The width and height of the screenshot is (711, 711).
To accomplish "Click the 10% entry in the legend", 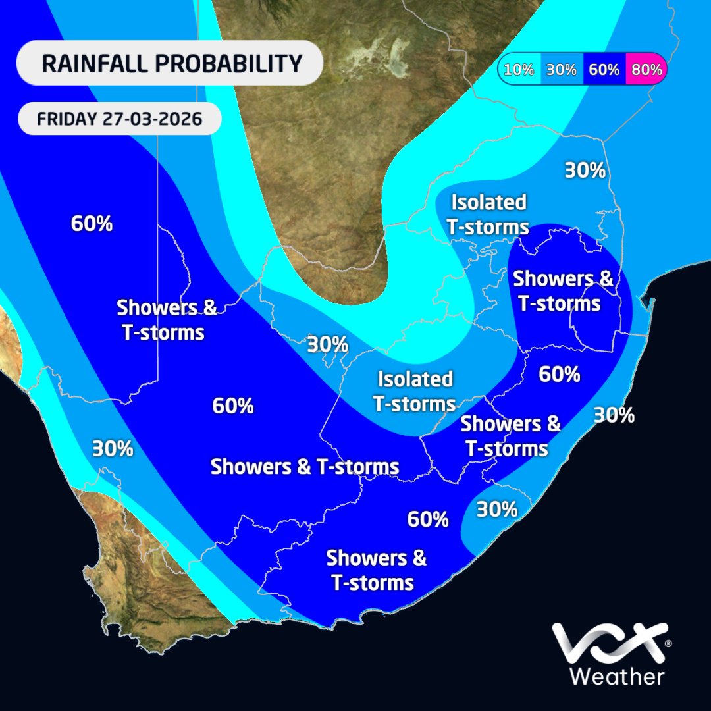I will [519, 69].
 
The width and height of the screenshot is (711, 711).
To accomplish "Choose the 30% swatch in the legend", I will [561, 69].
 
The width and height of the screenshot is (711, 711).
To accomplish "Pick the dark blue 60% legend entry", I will [604, 69].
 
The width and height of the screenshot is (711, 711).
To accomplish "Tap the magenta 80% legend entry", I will [645, 69].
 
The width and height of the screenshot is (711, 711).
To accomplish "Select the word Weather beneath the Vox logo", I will [616, 676].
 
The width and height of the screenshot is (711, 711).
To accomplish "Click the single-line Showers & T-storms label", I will [304, 467].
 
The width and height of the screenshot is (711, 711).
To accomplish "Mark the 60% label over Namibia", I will [92, 224].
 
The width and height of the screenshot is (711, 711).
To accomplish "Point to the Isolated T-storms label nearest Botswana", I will [488, 214].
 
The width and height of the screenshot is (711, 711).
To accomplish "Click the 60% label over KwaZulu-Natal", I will [559, 374].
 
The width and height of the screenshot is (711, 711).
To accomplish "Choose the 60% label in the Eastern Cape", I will [428, 519].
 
